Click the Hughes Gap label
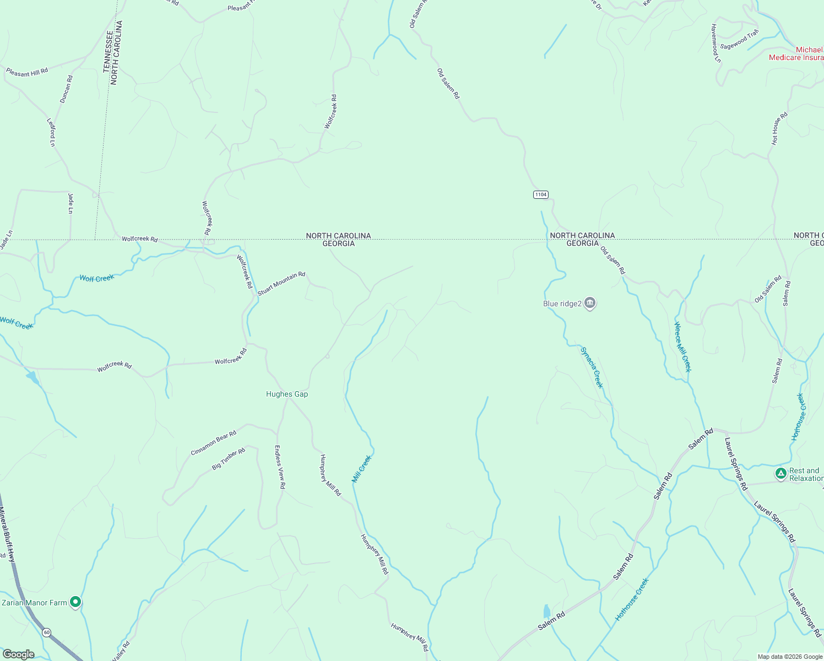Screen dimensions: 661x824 coord(286,394)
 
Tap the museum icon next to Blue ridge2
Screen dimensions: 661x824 coord(590,303)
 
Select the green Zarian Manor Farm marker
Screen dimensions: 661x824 coord(76,602)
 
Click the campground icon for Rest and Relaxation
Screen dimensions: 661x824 coord(780,473)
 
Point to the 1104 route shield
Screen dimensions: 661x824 coord(540,194)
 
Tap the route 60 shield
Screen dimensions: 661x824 coord(47,632)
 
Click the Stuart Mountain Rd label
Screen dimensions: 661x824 coord(281,283)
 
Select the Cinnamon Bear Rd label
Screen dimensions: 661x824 coord(213,443)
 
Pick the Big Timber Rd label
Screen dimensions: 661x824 coord(228,459)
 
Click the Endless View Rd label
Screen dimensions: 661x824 coord(280,467)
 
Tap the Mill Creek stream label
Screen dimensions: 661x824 coord(362,469)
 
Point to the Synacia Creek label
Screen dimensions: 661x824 coord(592,367)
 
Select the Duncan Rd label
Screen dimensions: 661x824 coord(66,89)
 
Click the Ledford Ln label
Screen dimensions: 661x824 coord(51,132)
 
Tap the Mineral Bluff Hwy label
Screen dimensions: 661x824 coord(8,534)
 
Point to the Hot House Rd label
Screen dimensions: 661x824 coord(779,128)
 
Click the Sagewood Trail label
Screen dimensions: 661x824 coord(739,40)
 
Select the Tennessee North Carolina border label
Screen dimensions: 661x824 coord(112,52)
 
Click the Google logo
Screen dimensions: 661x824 coord(18,654)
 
